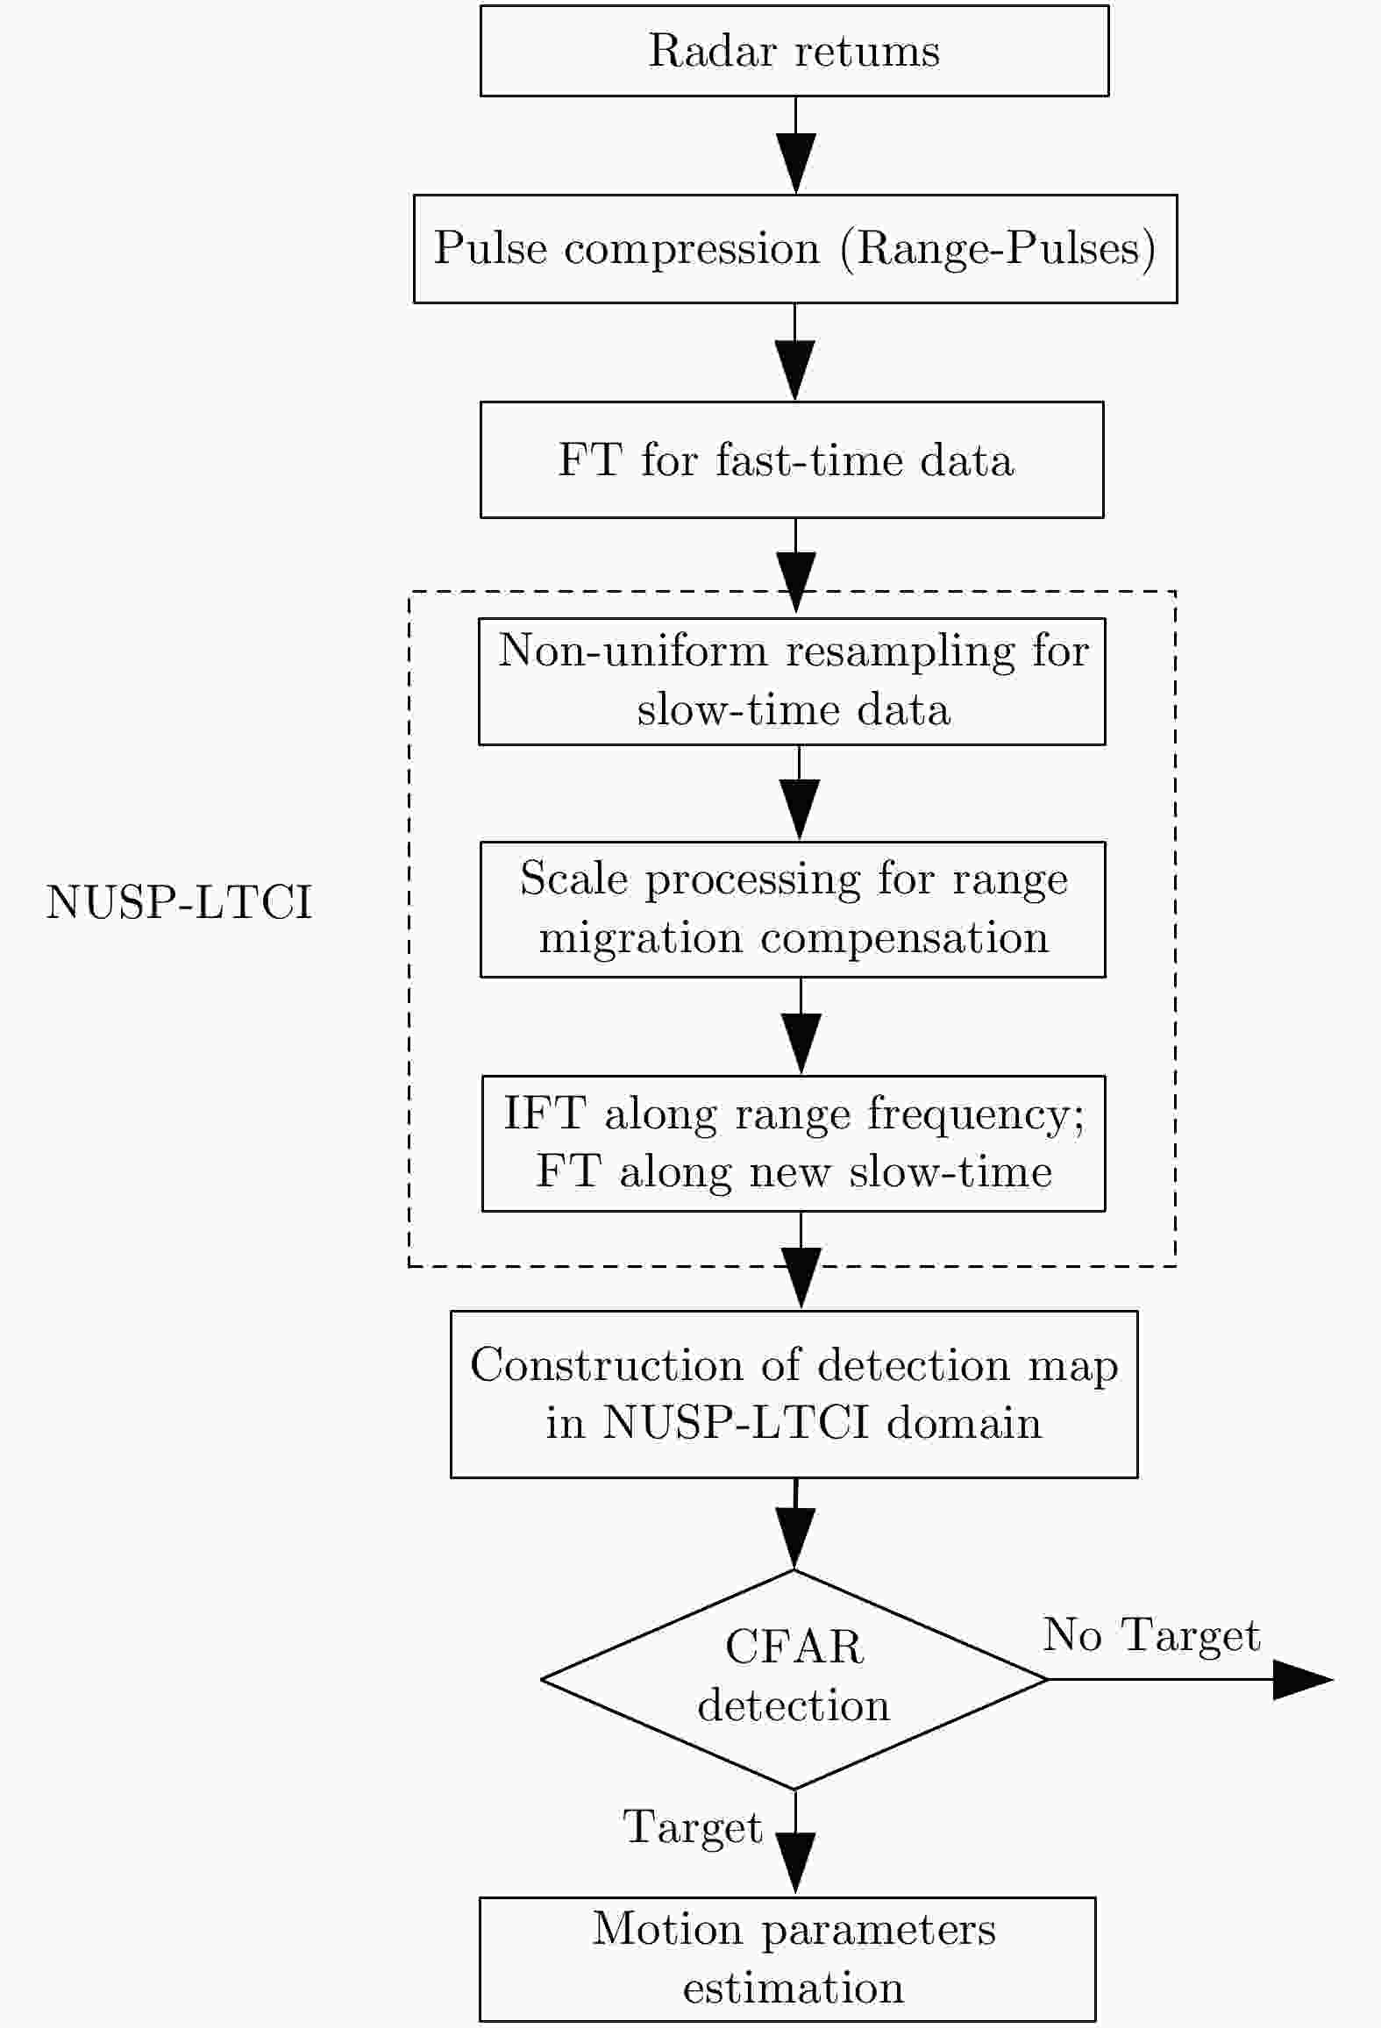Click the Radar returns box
(794, 51)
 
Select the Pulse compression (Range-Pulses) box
(795, 249)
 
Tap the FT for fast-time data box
(792, 459)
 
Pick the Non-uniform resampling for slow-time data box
(792, 681)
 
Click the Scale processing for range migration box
(793, 909)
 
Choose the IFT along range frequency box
(794, 1143)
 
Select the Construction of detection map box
(794, 1394)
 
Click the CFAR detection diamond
(794, 1679)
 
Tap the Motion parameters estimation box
(787, 1959)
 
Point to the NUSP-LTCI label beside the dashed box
(179, 902)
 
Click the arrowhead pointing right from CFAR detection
(1303, 1679)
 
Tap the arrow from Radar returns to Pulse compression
(795, 146)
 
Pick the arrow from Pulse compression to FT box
(794, 352)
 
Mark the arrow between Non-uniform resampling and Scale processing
(799, 793)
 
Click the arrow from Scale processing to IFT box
(801, 1026)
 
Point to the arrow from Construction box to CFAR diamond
(794, 1524)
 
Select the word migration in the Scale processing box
(641, 939)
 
